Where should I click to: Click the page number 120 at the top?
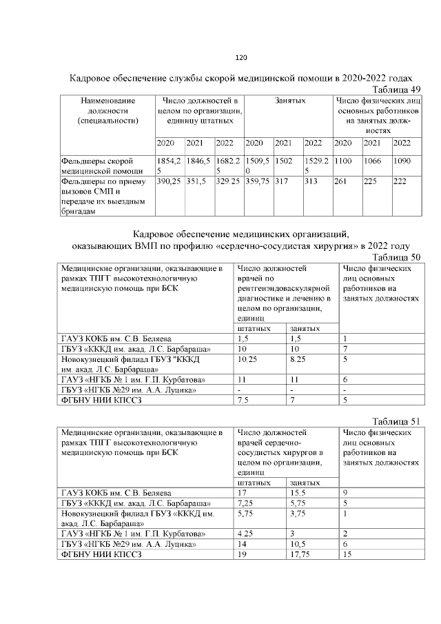[240, 57]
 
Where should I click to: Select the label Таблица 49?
[396, 90]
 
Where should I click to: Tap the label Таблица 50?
[396, 257]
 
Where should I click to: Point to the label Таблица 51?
[396, 421]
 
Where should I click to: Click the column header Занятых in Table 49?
[289, 101]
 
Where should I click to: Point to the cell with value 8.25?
[298, 359]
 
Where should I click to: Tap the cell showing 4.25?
[244, 534]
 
